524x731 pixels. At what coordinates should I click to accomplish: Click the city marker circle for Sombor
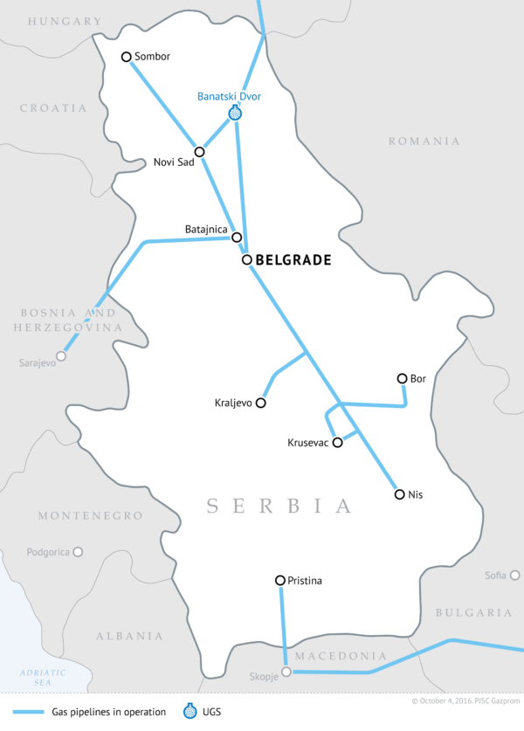(x=126, y=57)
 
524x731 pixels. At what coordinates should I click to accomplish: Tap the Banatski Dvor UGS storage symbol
(x=234, y=113)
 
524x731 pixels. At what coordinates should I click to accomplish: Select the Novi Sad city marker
(x=200, y=152)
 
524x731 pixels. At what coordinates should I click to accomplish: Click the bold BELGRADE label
(x=293, y=260)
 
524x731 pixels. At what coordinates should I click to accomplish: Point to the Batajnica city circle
(x=236, y=237)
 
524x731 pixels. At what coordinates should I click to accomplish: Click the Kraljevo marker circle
(x=260, y=403)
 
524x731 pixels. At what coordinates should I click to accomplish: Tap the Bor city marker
(x=402, y=378)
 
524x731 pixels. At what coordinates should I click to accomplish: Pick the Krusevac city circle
(x=338, y=442)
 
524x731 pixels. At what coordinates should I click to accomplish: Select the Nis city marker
(x=400, y=494)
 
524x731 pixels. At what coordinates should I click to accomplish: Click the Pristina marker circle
(x=279, y=580)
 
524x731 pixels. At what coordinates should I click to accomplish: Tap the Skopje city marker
(x=286, y=672)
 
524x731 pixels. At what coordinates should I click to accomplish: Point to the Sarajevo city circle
(x=61, y=355)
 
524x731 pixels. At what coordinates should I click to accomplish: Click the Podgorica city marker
(x=78, y=552)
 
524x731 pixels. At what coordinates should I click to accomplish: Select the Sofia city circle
(x=515, y=576)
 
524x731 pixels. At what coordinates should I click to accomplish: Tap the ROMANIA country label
(x=424, y=141)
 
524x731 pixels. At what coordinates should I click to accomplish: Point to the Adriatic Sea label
(x=44, y=677)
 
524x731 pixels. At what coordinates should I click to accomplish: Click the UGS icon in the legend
(x=190, y=710)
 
